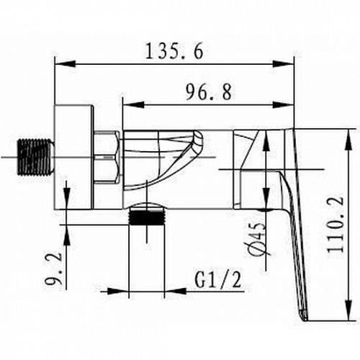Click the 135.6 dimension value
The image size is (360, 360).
tap(174, 51)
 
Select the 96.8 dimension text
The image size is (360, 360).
tap(209, 93)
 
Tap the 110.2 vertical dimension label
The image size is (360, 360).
tap(336, 225)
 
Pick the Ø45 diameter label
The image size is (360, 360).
tap(258, 239)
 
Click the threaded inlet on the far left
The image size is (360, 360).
tap(36, 157)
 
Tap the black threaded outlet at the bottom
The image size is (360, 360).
tap(147, 217)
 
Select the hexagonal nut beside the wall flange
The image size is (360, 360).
tap(107, 158)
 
